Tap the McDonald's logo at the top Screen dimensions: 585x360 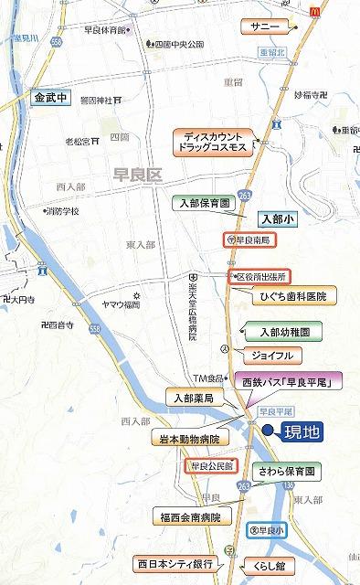tap(316, 8)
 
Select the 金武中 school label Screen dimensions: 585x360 tap(51, 97)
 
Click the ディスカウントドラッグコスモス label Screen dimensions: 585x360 tap(211, 143)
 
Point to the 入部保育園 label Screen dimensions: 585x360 tap(206, 203)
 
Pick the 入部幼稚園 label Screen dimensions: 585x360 tap(284, 332)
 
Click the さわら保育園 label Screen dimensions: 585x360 tap(285, 472)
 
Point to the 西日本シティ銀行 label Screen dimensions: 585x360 tap(176, 563)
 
